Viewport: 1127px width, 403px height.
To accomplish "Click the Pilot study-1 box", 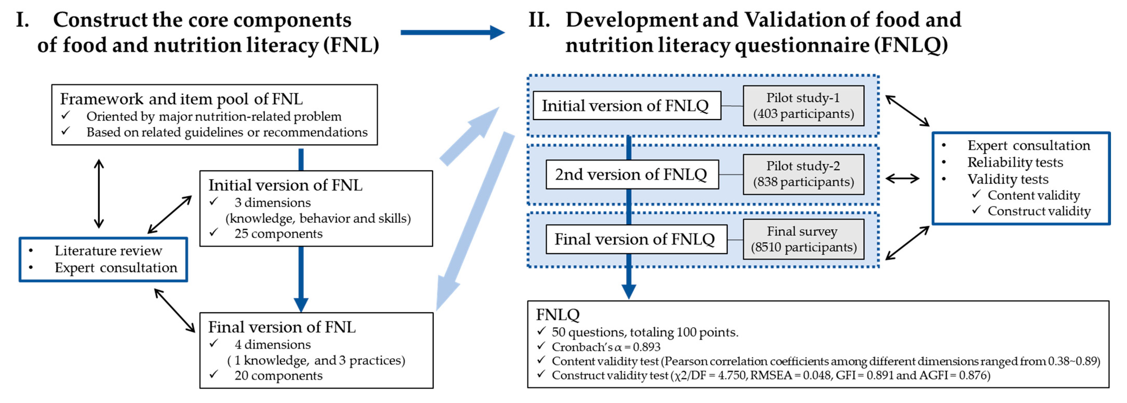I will (803, 105).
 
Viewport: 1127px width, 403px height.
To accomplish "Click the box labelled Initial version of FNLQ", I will (627, 105).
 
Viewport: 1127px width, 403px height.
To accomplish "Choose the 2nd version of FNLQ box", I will (632, 174).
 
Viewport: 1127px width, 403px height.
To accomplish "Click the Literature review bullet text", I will (108, 251).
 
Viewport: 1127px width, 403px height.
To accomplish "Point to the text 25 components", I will (278, 234).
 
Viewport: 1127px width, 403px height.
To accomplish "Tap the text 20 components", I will (278, 375).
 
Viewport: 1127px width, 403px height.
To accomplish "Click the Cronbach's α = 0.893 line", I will (606, 347).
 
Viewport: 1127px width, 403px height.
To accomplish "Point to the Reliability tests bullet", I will (1015, 162).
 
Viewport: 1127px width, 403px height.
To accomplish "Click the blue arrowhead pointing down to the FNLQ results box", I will (629, 291).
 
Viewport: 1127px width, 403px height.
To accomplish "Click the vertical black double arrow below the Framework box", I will (99, 193).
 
